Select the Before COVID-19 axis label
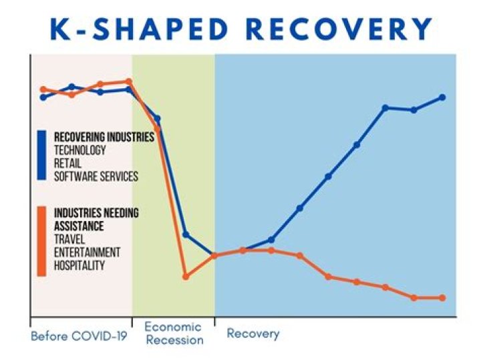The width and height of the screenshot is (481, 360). tap(79, 335)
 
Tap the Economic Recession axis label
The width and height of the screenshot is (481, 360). tap(173, 333)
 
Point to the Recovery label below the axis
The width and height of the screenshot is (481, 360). tap(253, 333)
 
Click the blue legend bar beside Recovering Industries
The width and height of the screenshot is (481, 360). tap(41, 156)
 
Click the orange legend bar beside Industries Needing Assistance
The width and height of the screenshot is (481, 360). tap(41, 241)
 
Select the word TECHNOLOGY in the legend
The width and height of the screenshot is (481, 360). tap(79, 150)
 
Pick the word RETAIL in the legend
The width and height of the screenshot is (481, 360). tap(68, 164)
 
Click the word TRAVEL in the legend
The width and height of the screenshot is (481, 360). tap(69, 239)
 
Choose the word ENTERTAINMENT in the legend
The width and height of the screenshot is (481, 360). tap(87, 252)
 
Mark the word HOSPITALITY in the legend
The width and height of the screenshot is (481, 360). tap(79, 265)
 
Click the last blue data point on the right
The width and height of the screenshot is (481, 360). tap(442, 98)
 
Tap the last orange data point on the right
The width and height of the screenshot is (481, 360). tap(442, 298)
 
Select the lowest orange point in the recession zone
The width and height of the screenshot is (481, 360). tap(186, 276)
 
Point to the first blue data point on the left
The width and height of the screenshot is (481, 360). tap(43, 98)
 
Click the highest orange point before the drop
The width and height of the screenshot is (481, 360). tap(129, 81)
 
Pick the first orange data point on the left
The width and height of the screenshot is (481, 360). tap(43, 89)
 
